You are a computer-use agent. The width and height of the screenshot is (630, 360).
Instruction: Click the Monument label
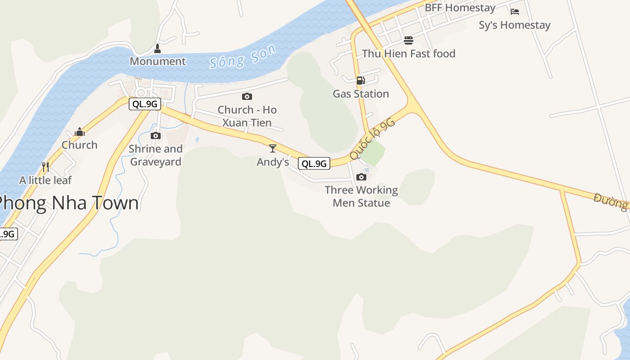coord(157,61)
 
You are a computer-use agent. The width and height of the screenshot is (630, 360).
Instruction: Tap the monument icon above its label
coord(157,48)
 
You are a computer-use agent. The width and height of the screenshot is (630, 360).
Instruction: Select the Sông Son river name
coord(243,57)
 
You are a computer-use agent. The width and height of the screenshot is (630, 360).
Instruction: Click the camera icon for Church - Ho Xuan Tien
coord(247,96)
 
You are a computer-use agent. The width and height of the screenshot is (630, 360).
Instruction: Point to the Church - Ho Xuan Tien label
coord(247,116)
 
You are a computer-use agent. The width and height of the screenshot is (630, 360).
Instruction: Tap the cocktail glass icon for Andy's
coord(273,148)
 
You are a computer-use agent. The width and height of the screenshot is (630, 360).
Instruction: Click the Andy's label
coord(273,162)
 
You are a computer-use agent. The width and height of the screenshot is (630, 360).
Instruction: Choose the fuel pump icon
coord(360,81)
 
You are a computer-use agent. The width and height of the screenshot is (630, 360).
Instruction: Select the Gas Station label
coord(361,94)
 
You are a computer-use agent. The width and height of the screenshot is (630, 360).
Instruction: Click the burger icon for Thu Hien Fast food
coord(409,40)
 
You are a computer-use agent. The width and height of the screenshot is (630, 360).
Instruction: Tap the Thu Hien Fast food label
coord(409,54)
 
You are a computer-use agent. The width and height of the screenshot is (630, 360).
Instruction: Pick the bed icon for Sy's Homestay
coord(515,12)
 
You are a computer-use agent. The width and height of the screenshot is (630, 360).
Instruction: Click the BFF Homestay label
coord(460,8)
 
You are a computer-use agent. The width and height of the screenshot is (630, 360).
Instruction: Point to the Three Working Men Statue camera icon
coord(361,177)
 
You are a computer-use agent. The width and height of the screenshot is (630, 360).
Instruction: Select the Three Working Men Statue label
coord(361,196)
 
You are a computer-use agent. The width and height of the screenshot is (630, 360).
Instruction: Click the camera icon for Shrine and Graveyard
coord(156,135)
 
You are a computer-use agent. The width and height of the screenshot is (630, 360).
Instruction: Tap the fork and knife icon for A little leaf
coord(45,167)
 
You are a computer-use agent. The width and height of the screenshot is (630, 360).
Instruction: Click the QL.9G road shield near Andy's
coord(314,163)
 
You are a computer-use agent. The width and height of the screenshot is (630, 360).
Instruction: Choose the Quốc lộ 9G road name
coord(372,139)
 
